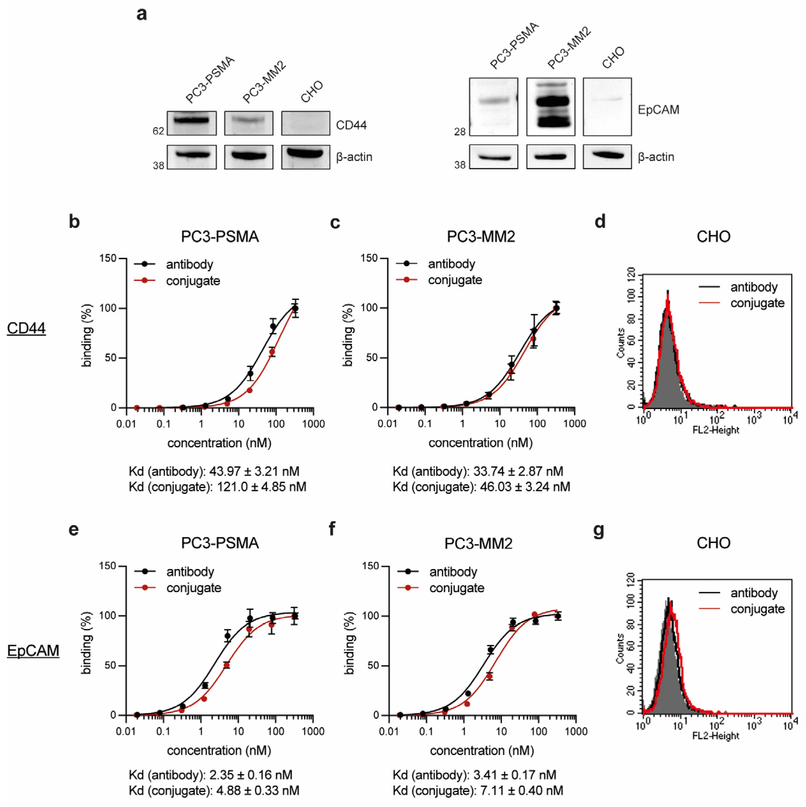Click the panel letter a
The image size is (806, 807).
coord(142,14)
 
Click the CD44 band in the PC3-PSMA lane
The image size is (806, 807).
coord(192,120)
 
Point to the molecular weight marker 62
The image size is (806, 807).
coord(158,131)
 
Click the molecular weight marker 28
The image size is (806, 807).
coord(460,132)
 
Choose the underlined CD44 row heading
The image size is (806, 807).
coord(26,328)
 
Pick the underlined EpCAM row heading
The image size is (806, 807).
coord(33,650)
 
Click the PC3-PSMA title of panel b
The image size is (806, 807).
coord(220,236)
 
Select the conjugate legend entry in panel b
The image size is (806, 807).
coord(193,281)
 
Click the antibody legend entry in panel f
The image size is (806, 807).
coord(453,571)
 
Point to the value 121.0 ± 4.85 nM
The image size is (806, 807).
coord(261,487)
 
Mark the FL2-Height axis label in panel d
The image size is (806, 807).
coord(716,430)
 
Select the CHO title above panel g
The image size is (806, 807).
coord(713,543)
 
